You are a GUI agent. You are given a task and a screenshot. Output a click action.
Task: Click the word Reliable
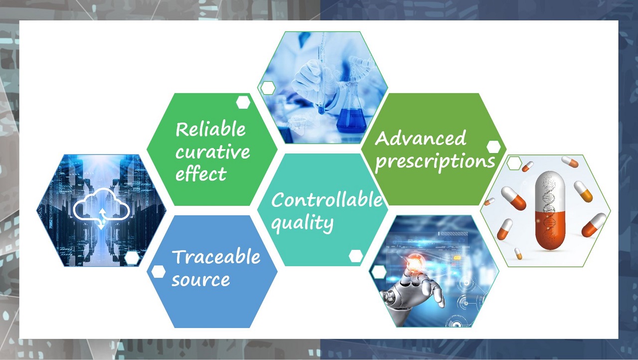point(210,130)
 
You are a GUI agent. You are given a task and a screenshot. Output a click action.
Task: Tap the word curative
point(212,152)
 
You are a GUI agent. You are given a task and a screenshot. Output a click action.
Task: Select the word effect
point(201,173)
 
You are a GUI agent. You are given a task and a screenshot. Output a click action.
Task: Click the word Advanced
point(420,138)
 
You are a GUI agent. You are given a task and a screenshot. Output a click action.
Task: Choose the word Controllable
point(326,199)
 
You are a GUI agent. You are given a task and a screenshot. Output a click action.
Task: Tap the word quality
point(302,223)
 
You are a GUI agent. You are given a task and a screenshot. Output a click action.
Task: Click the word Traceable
point(216,257)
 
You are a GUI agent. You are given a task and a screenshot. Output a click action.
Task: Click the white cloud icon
point(101,209)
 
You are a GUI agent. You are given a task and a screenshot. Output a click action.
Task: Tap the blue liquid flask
point(351,113)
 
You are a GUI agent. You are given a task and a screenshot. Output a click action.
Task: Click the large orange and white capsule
point(550,210)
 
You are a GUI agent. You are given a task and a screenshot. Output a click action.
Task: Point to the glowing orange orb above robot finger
point(414,264)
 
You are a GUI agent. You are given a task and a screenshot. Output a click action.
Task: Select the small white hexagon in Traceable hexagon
point(159,271)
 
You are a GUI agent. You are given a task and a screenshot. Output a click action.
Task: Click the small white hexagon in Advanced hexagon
point(493,147)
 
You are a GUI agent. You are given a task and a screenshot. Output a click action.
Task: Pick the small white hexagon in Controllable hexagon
point(356,256)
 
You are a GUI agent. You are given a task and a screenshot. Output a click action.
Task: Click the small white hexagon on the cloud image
point(132,258)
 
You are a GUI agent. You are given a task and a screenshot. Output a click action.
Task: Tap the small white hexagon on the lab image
point(268,88)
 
